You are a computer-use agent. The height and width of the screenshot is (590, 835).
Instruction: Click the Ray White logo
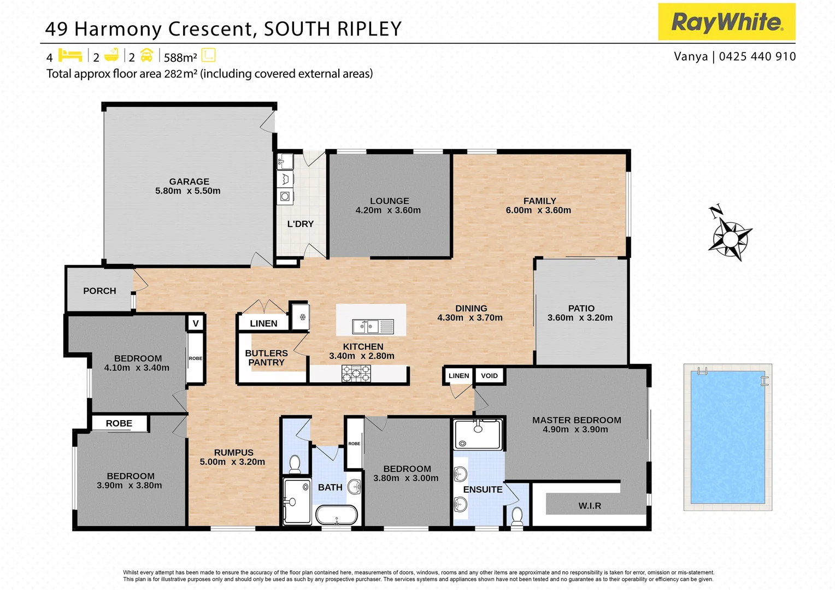coord(726,22)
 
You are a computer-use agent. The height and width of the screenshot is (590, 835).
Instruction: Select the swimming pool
coord(727,437)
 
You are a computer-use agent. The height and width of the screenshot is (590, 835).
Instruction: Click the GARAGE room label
coord(189,181)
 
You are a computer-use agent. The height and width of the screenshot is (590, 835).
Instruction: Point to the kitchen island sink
coord(373,327)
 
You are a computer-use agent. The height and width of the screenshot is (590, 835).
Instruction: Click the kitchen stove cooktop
coord(356,374)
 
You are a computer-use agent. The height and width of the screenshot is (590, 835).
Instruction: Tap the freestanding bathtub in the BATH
coord(337,515)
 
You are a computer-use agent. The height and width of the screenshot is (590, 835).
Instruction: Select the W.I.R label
coord(590,506)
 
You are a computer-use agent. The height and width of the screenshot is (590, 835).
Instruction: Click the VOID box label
coord(489,376)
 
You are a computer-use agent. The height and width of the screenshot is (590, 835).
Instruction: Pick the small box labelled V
coord(196,323)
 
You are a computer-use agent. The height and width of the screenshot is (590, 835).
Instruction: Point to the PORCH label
coord(99,291)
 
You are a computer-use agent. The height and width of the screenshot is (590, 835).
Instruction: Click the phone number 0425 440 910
coord(757,56)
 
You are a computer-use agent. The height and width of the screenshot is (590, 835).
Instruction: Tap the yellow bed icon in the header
coord(70,56)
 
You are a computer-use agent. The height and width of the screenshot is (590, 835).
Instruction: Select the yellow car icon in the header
coord(146,56)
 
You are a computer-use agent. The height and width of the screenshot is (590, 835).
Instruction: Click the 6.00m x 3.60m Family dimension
coord(538,210)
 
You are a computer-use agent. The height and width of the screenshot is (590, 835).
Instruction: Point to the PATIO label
coord(581,309)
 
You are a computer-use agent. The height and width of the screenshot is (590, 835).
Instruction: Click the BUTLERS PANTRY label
coord(266,358)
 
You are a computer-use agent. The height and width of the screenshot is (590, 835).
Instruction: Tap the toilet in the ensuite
coord(516,515)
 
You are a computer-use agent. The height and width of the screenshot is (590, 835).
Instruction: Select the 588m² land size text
coord(180,57)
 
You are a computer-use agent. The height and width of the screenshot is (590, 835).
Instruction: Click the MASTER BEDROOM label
coord(577,420)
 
